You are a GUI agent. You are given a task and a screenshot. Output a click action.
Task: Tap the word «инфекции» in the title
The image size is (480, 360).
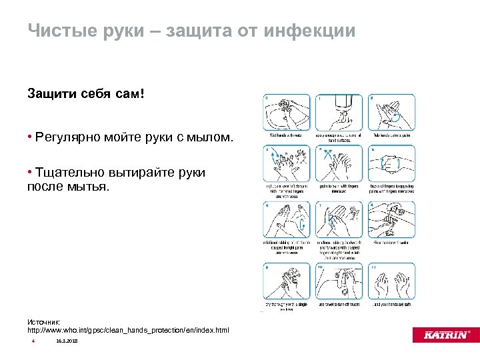click(x=309, y=31)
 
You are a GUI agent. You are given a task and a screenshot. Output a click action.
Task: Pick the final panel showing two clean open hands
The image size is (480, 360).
click(x=391, y=283)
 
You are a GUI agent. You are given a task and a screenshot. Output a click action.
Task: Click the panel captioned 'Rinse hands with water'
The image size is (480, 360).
click(x=391, y=220)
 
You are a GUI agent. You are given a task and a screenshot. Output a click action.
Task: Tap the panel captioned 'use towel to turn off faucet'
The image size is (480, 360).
click(x=339, y=283)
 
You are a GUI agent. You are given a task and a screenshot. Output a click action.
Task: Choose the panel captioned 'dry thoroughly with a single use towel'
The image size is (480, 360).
click(x=287, y=283)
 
